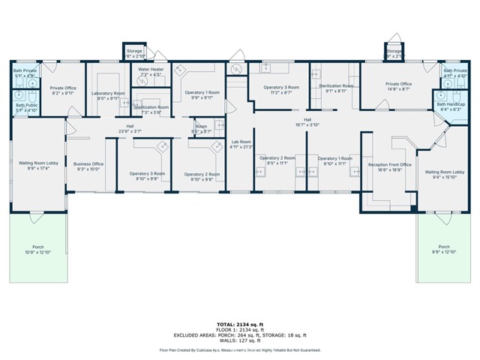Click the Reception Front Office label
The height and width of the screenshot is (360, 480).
389,167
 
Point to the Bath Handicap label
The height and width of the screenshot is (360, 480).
451,106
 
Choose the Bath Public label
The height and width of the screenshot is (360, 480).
25,107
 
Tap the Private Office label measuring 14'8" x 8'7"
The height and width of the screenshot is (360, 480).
398,86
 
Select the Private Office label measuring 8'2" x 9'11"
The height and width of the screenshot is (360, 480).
64,90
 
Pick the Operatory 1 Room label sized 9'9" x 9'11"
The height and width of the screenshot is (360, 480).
202,94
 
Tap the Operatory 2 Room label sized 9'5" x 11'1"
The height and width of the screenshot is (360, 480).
274,160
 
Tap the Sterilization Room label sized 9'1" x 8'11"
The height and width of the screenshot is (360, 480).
335,88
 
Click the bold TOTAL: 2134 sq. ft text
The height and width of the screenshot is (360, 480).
239,319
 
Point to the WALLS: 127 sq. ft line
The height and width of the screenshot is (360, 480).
239,340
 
